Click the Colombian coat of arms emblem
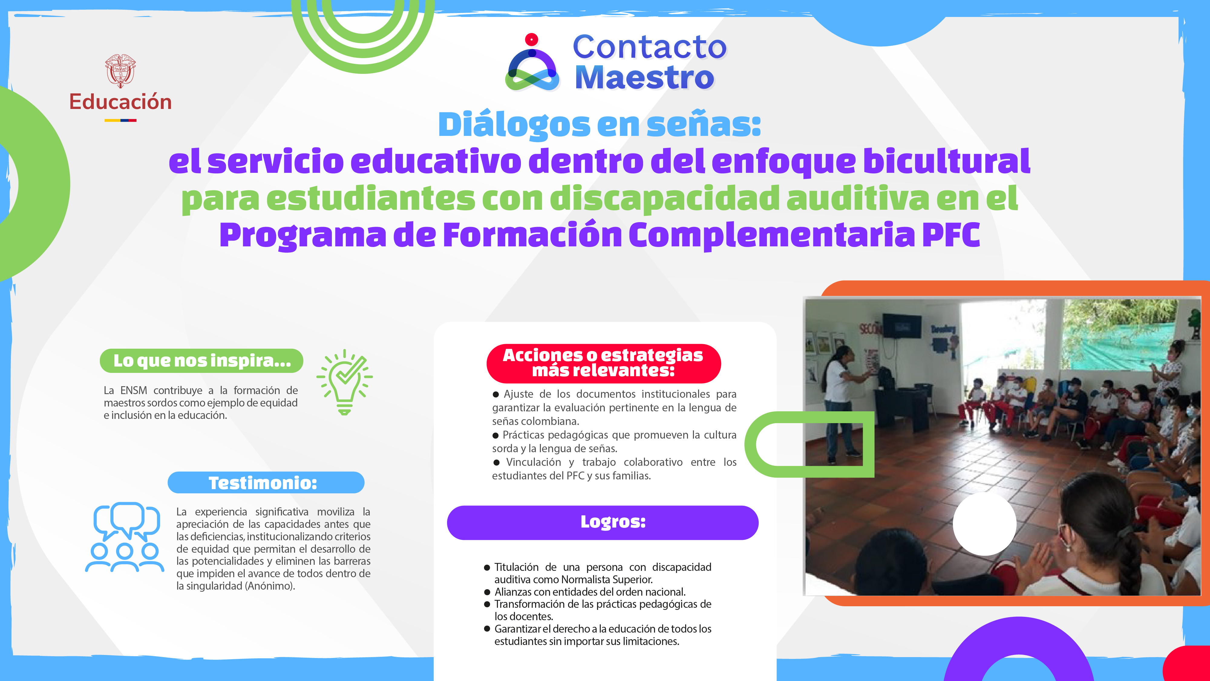click(x=120, y=71)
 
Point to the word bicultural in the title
click(x=947, y=161)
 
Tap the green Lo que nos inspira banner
click(x=201, y=360)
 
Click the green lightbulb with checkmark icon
click(x=345, y=382)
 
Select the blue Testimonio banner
click(x=266, y=483)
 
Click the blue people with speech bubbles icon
click(x=124, y=537)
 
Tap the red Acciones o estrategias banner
click(x=603, y=363)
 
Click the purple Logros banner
click(x=603, y=522)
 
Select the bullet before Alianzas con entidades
click(x=487, y=592)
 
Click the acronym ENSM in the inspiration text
click(x=133, y=390)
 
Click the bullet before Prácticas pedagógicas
click(x=495, y=435)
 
